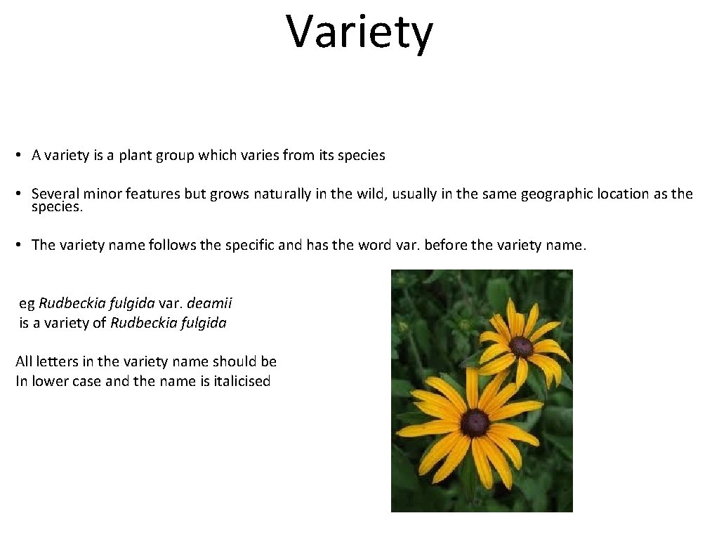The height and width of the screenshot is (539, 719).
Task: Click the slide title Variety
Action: (359, 32)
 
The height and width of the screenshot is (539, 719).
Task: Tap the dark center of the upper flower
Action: (521, 346)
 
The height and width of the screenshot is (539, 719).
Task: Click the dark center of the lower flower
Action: (475, 422)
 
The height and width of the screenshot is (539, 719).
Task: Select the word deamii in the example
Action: (209, 304)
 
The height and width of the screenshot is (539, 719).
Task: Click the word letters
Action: (55, 362)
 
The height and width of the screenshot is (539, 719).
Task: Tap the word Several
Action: (55, 194)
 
